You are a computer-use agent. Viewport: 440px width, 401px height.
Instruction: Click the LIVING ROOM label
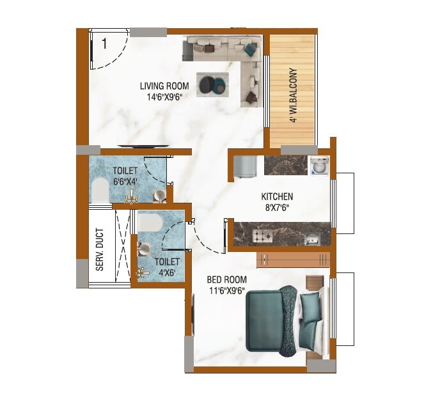tap(164, 86)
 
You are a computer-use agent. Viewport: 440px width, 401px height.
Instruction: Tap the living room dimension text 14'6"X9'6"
tap(164, 98)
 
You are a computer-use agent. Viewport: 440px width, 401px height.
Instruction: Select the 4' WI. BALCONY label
tap(293, 95)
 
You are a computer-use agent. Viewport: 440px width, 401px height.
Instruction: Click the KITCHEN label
tap(277, 196)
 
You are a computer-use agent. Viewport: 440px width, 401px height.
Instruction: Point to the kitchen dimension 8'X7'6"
tap(277, 208)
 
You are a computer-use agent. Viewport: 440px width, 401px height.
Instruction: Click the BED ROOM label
tap(226, 279)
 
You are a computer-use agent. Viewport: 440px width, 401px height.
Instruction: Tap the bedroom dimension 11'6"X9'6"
tap(226, 291)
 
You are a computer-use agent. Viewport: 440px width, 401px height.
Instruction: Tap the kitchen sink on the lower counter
tap(311, 239)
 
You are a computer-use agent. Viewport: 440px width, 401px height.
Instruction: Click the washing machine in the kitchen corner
tap(318, 166)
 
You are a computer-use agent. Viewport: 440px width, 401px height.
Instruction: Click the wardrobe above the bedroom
tap(294, 259)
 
